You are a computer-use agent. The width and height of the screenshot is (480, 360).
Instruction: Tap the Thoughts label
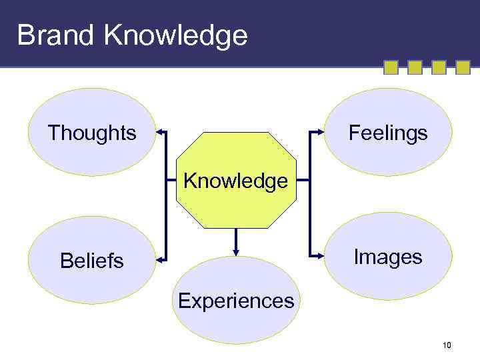tap(92, 133)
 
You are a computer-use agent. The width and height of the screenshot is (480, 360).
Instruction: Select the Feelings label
tap(388, 133)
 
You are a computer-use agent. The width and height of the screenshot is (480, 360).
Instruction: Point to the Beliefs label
tap(92, 261)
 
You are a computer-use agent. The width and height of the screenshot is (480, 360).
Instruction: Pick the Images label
tap(388, 257)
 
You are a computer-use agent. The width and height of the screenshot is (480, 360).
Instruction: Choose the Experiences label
tap(236, 301)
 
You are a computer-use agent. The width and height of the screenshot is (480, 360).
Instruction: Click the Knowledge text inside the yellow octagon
tap(236, 181)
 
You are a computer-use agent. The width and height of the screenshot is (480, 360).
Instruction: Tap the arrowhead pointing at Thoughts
tap(161, 133)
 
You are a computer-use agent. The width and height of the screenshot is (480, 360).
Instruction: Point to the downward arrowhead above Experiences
tap(236, 251)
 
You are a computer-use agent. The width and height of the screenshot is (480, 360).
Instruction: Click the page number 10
tap(447, 345)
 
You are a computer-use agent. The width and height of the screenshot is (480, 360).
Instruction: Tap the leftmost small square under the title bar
tap(391, 67)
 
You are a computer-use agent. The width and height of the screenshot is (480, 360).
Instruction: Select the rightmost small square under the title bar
tap(463, 67)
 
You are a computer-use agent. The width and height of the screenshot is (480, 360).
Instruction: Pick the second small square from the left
tap(415, 67)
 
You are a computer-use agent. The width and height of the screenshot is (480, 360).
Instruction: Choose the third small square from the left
tap(439, 67)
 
